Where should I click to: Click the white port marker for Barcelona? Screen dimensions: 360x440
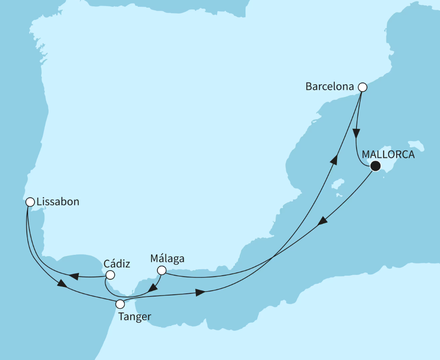362,87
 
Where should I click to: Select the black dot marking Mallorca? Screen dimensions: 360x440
375,166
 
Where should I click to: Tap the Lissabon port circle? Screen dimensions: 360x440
30,202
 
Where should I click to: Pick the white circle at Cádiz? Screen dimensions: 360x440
110,275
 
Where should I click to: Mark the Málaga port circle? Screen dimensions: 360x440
161,271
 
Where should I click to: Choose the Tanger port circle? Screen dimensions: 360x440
120,304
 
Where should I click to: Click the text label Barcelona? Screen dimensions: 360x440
329,87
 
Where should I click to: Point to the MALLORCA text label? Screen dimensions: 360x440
388,155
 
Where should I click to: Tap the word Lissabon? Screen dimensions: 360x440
58,202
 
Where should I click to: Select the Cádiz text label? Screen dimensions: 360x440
117,263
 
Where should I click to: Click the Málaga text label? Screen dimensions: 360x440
167,259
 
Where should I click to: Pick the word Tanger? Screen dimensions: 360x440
134,316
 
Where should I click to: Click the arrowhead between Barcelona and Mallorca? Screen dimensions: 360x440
357,133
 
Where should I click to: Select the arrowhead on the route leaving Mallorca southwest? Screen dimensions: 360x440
322,221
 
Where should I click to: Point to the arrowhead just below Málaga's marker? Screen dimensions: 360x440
154,287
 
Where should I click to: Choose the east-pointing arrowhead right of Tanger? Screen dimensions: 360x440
200,293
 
